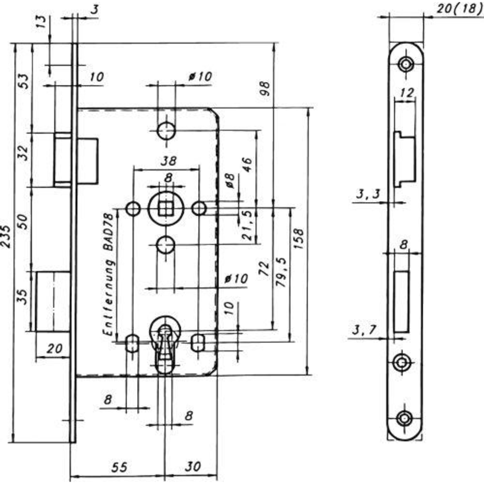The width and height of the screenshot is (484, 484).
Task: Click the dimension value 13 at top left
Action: [x=44, y=22]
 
